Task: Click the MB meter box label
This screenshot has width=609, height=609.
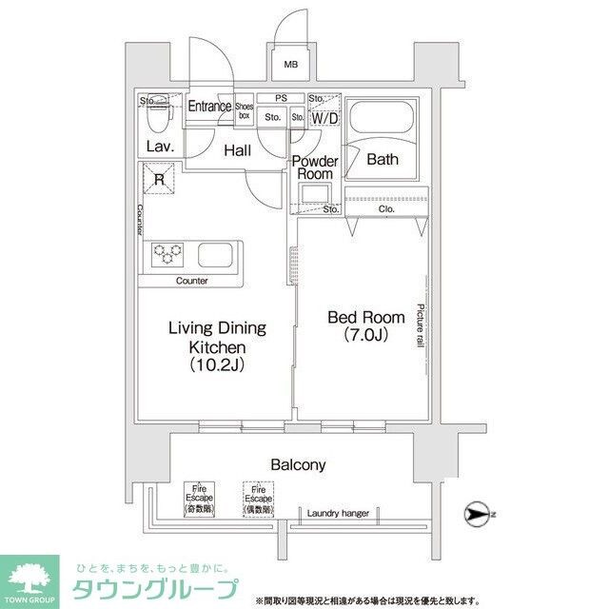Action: (x=291, y=65)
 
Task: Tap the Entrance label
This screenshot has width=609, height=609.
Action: (x=208, y=107)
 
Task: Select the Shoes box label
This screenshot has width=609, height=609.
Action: (x=244, y=110)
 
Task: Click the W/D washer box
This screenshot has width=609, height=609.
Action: (x=324, y=118)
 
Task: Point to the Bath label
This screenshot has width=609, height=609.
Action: (x=383, y=159)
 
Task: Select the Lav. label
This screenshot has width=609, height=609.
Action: (x=158, y=146)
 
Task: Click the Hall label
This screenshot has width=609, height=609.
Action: (x=237, y=149)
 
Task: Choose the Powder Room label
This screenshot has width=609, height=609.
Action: (x=314, y=167)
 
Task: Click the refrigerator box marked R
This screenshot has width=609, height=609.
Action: (x=159, y=178)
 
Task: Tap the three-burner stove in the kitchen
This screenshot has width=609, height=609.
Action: (x=167, y=253)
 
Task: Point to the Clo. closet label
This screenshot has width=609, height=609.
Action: (x=385, y=208)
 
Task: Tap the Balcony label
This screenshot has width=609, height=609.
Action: (x=298, y=465)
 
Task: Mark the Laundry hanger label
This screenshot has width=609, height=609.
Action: (x=337, y=514)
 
